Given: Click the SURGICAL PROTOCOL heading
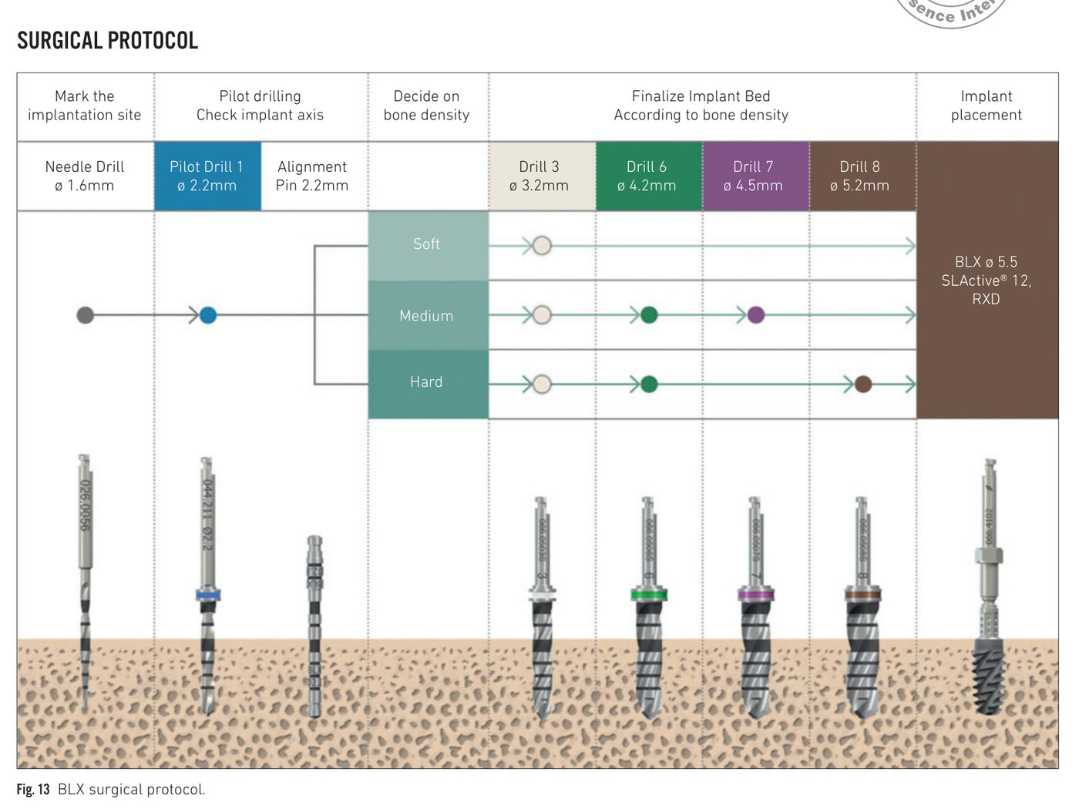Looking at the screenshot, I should [x=107, y=40].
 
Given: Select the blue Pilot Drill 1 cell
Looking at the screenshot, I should [x=207, y=176].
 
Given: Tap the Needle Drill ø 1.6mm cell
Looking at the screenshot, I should [x=85, y=176].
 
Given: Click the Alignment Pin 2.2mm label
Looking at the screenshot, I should [x=312, y=176].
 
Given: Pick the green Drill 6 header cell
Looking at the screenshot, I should [x=647, y=176].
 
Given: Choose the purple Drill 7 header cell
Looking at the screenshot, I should [x=755, y=176].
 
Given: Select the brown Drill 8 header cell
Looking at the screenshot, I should [x=861, y=176].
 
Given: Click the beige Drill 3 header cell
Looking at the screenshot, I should [x=540, y=176].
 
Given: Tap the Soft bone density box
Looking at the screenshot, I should [x=427, y=245].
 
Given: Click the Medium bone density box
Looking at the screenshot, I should [x=427, y=315].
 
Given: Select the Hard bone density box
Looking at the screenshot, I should [x=427, y=383].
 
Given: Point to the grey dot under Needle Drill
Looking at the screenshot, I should [x=86, y=315].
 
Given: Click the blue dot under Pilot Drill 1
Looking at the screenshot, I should [x=208, y=315].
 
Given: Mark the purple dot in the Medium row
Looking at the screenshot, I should [x=756, y=315].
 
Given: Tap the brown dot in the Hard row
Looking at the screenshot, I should [x=863, y=384].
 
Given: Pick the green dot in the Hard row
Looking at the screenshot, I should [x=649, y=384].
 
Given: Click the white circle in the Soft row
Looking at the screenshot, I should [x=542, y=246].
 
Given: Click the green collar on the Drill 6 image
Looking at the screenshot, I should [x=648, y=595].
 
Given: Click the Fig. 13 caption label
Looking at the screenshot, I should [x=33, y=790].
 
